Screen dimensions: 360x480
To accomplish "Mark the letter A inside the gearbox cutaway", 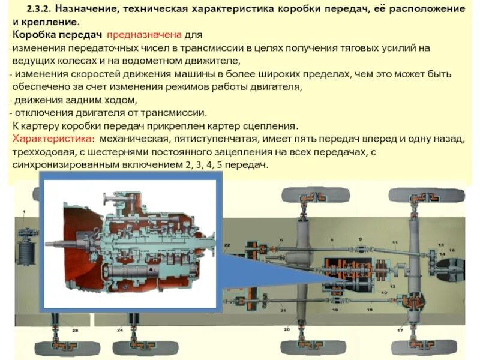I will [x=152, y=271].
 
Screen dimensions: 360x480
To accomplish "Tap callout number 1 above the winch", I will [x=24, y=212].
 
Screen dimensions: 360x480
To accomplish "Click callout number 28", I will [x=75, y=331].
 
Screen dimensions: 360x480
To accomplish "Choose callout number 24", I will [x=120, y=331].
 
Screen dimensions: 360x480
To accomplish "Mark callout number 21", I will [x=282, y=310].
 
